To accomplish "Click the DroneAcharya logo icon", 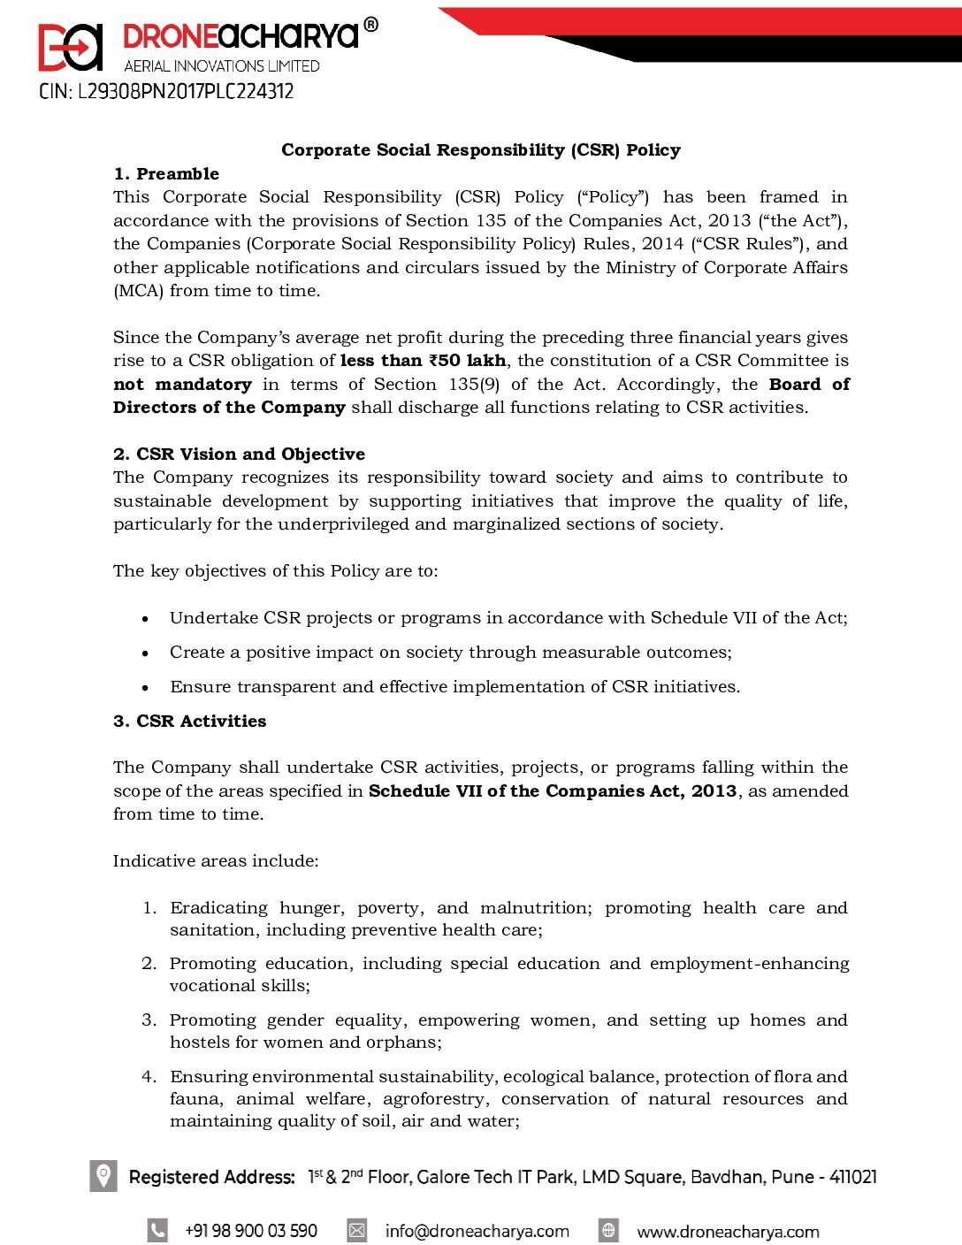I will click(x=71, y=47).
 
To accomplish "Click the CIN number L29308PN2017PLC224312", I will click(x=166, y=92).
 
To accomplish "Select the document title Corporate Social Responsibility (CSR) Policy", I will click(x=481, y=150).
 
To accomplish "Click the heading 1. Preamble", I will click(x=166, y=174).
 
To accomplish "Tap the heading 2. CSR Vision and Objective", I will click(x=239, y=454).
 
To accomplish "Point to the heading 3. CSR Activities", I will click(x=189, y=722).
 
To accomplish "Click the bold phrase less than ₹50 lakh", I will click(x=423, y=361).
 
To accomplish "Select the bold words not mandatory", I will click(x=182, y=385).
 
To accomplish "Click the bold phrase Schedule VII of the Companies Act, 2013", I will click(x=553, y=791).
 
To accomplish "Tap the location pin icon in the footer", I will click(x=103, y=1176).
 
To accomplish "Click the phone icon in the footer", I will click(x=157, y=1230).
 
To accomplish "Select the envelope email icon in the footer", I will click(x=356, y=1230).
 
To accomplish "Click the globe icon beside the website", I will click(x=608, y=1230).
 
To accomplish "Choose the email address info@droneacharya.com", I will click(x=477, y=1231).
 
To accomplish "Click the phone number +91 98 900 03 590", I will click(x=250, y=1231).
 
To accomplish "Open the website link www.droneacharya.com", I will click(x=728, y=1232).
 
